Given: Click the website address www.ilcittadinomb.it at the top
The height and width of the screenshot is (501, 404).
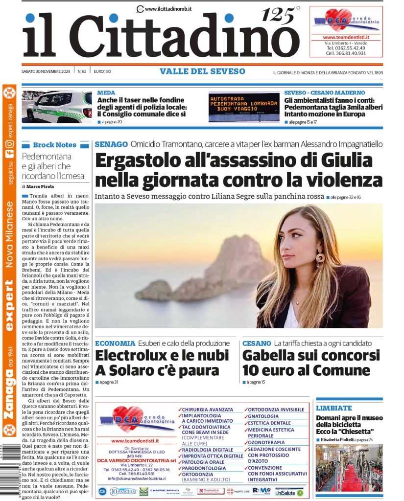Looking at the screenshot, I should click(167, 9).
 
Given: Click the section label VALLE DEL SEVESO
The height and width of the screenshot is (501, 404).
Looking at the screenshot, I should click(202, 71).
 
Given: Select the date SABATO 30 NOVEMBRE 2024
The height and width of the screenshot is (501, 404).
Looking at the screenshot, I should click(47, 71).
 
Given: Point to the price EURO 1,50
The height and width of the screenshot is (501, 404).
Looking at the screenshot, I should click(102, 71).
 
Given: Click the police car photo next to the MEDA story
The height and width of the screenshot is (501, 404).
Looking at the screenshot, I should click(57, 106).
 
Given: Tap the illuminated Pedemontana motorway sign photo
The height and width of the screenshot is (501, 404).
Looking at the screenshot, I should click(244, 106).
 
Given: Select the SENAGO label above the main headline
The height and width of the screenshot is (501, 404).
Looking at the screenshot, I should click(111, 144).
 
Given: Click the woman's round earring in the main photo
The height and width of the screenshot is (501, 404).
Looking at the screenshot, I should click(321, 257).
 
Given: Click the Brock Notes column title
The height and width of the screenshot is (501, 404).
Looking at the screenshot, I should click(54, 145).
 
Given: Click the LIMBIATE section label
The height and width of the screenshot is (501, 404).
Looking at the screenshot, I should click(334, 408).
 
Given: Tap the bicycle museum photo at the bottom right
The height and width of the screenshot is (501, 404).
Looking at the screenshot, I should click(349, 468).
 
